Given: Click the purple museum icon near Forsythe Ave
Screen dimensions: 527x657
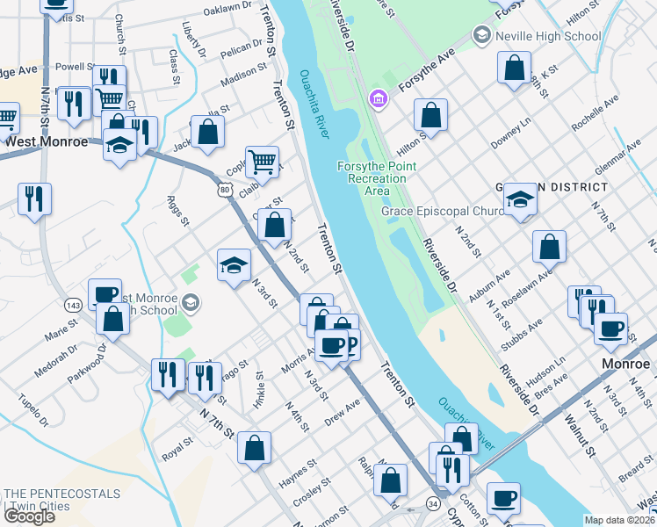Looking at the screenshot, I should (x=379, y=97).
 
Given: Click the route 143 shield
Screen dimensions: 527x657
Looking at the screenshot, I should (x=73, y=304).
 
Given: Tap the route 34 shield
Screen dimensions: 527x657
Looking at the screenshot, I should (x=433, y=503).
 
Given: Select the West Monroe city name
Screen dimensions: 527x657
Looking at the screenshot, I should (x=47, y=141).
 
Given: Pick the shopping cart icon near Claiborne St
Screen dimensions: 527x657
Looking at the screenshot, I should (x=262, y=162).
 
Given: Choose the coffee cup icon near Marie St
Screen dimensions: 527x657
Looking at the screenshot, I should (x=105, y=293).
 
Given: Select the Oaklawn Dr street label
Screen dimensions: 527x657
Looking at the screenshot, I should (x=227, y=8).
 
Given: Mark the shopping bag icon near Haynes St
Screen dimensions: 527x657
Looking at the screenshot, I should (x=254, y=448).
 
